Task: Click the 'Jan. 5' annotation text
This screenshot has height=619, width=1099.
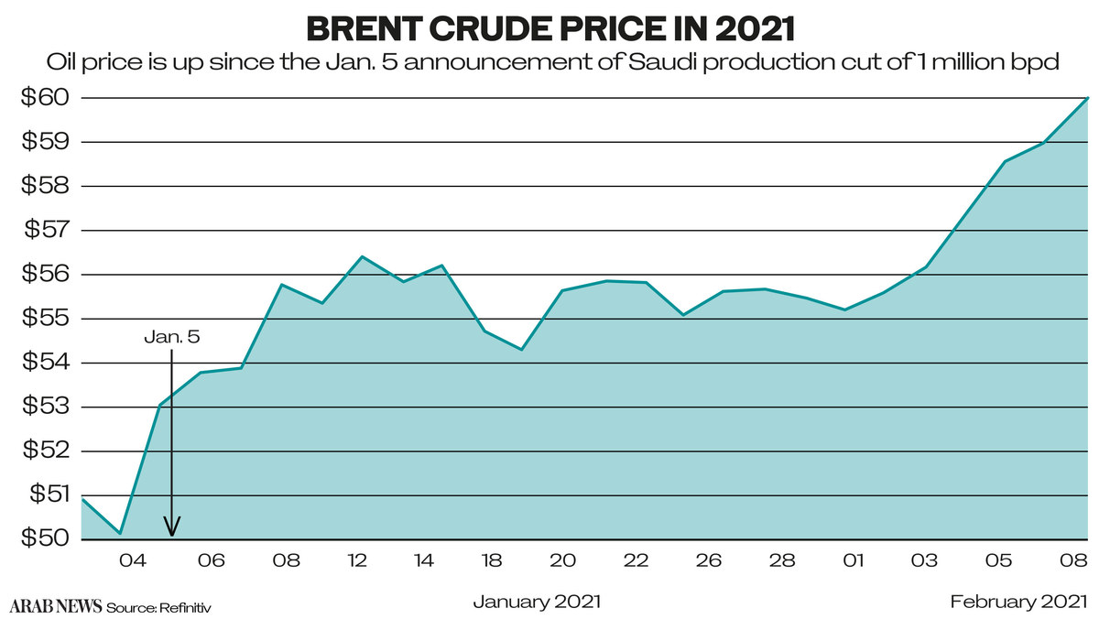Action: tap(171, 337)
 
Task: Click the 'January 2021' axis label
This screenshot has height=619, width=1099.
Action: tap(537, 602)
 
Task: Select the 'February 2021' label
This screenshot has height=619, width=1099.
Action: tap(1018, 602)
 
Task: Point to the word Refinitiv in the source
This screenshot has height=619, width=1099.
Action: tap(190, 607)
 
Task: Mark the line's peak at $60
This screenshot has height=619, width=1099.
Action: tap(1087, 97)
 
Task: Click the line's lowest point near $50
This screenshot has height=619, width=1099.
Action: tap(121, 533)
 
